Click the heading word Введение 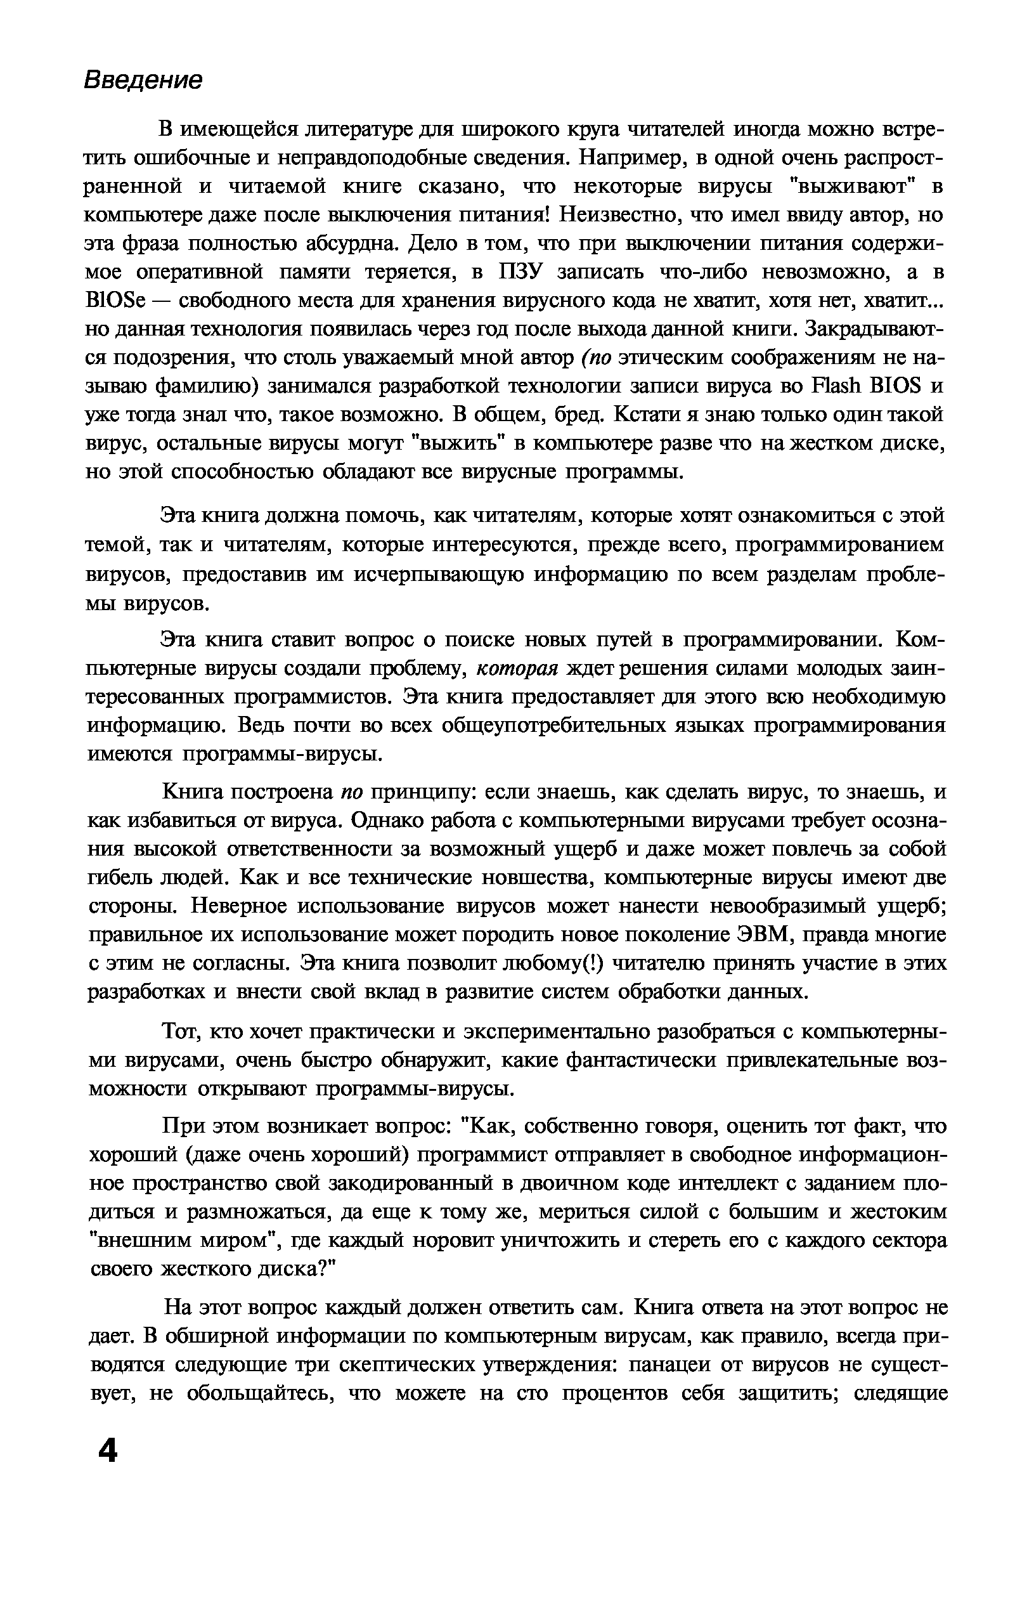(x=143, y=80)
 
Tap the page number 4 (x=107, y=1452)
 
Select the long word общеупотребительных (x=578, y=726)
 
